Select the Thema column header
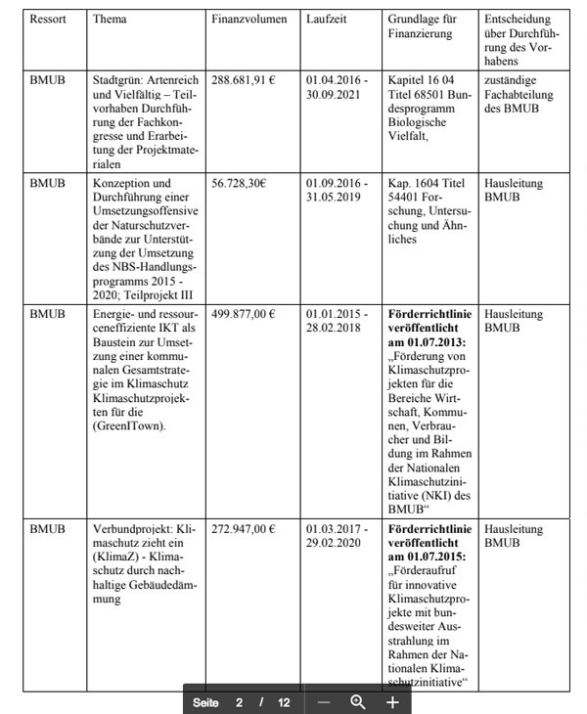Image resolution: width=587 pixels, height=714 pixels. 110,20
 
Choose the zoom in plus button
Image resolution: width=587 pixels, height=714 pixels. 392,701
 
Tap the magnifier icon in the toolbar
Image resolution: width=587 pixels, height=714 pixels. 358,701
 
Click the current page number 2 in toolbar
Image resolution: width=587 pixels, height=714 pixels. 238,702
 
